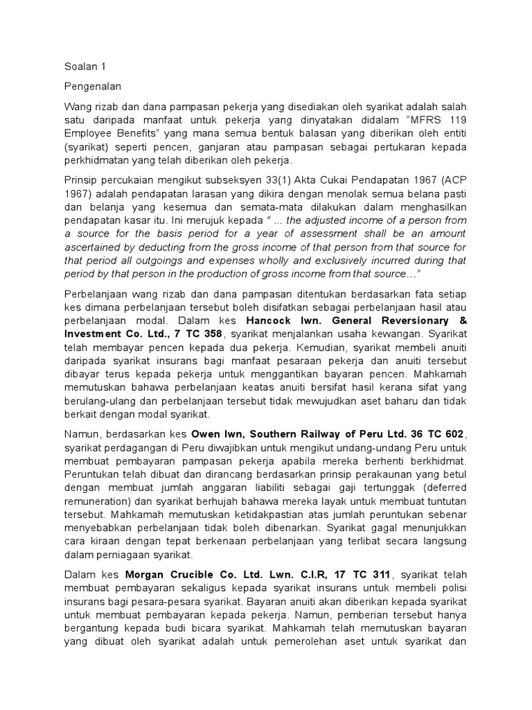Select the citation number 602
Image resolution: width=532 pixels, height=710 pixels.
click(x=454, y=435)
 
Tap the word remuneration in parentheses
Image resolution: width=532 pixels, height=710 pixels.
click(x=104, y=502)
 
